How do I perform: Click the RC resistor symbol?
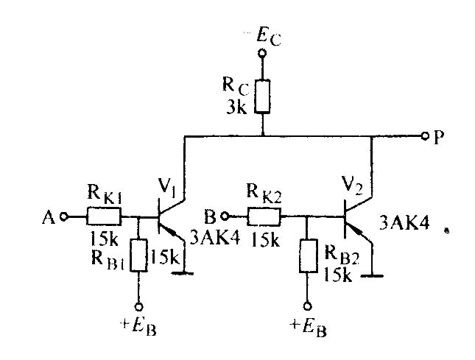pyautogui.click(x=262, y=96)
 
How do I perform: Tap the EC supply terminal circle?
pyautogui.click(x=262, y=54)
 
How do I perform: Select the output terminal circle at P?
pyautogui.click(x=426, y=136)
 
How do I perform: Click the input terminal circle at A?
pyautogui.click(x=63, y=216)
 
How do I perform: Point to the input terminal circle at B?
pyautogui.click(x=225, y=216)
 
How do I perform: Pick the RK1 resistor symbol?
pyautogui.click(x=104, y=216)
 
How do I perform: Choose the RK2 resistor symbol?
pyautogui.click(x=264, y=216)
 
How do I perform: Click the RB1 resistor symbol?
pyautogui.click(x=139, y=255)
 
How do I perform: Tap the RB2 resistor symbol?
pyautogui.click(x=308, y=256)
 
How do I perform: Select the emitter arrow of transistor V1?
pyautogui.click(x=171, y=231)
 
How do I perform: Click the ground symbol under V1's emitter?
pyautogui.click(x=183, y=273)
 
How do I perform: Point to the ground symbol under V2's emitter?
pyautogui.click(x=372, y=276)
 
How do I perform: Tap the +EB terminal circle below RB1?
pyautogui.click(x=138, y=307)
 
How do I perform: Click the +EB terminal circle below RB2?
pyautogui.click(x=308, y=306)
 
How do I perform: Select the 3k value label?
pyautogui.click(x=237, y=107)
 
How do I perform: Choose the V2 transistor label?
pyautogui.click(x=353, y=184)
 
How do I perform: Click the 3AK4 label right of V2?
pyautogui.click(x=404, y=225)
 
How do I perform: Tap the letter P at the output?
pyautogui.click(x=439, y=138)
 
